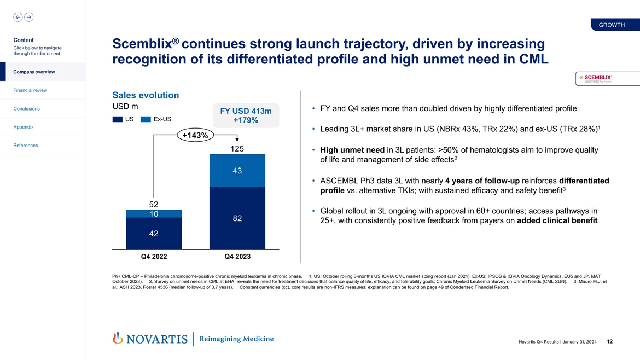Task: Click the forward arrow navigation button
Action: (27, 17)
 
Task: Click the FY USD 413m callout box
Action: (246, 115)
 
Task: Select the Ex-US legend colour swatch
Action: (146, 119)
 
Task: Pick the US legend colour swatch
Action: (117, 119)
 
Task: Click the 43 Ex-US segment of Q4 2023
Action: (237, 171)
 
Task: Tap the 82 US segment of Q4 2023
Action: (237, 218)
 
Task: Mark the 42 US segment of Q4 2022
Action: (154, 234)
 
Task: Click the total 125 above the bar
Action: (237, 149)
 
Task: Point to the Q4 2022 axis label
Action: (154, 256)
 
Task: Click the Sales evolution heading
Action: (145, 95)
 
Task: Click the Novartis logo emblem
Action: (117, 339)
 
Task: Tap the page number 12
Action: (609, 342)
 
